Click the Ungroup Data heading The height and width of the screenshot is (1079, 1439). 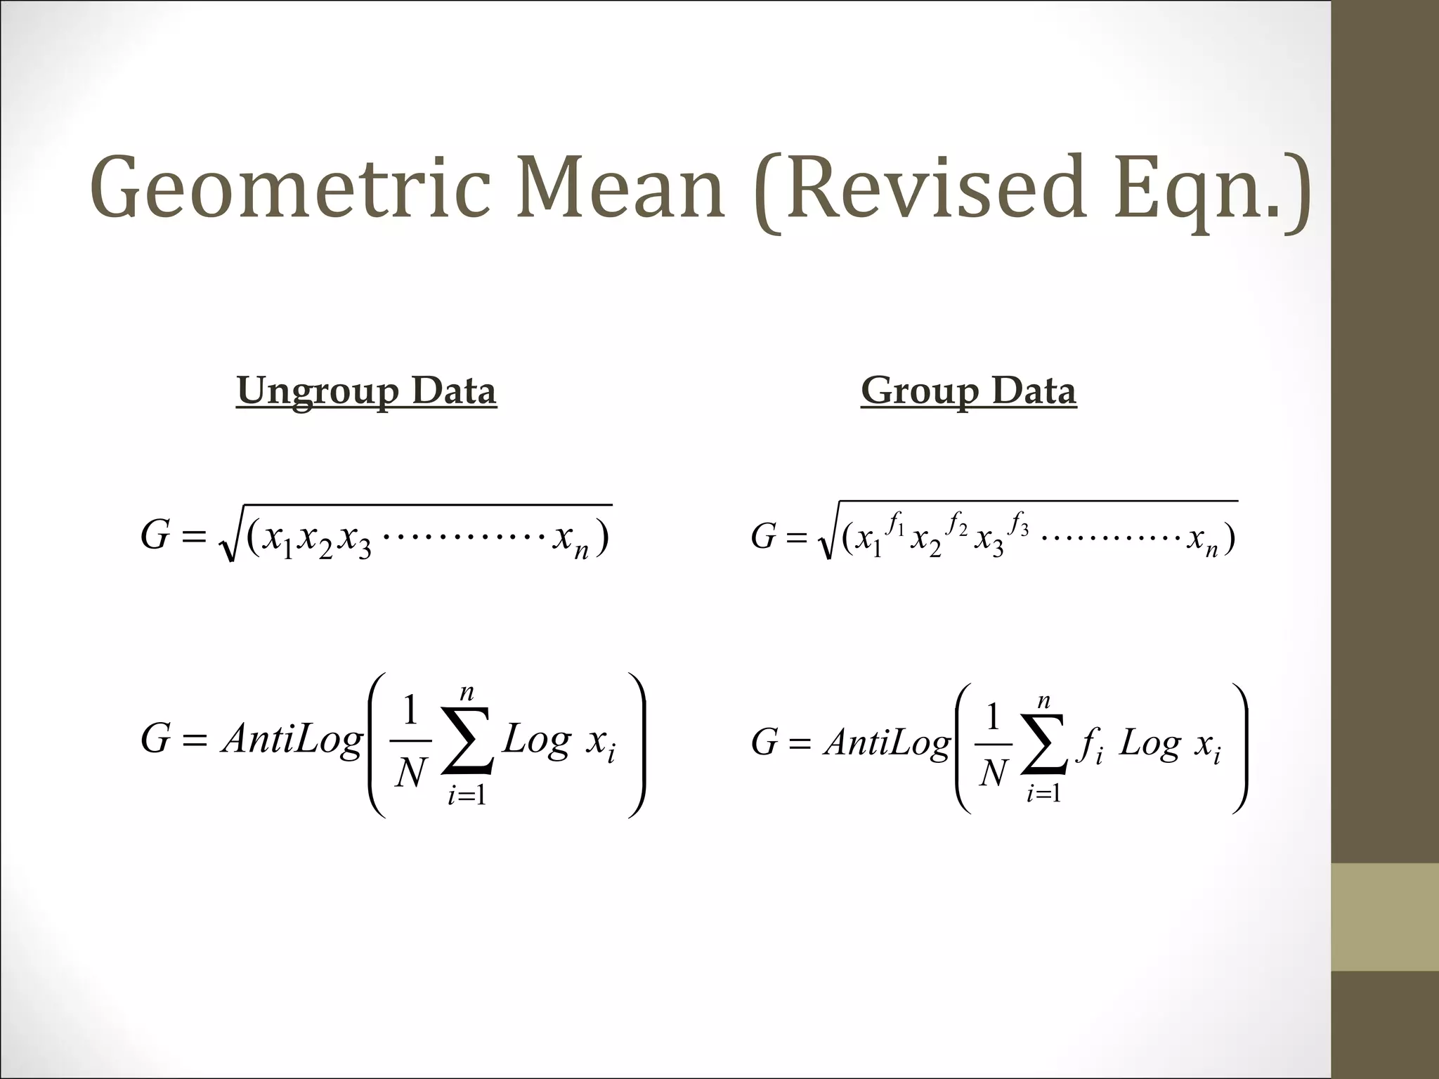click(366, 391)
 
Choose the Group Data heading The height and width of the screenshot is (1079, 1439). click(968, 391)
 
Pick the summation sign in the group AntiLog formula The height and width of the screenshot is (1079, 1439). click(1044, 743)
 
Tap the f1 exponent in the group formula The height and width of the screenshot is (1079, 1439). click(895, 524)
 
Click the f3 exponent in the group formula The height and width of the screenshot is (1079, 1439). click(1019, 524)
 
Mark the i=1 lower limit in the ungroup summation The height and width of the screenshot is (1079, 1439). click(467, 795)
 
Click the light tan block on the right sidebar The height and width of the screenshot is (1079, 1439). click(1385, 917)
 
